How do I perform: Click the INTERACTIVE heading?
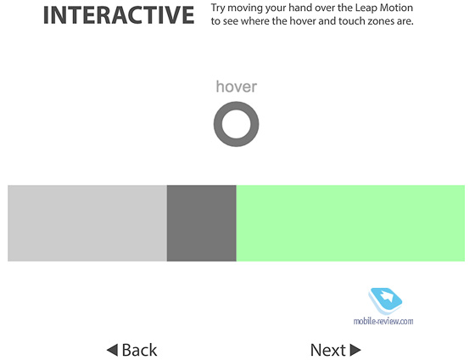119,15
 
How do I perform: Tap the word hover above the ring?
237,87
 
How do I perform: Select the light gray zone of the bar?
87,223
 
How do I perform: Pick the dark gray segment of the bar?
202,223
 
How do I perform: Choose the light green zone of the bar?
350,223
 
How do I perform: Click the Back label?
139,350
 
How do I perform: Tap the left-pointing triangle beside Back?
112,350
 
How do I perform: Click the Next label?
328,350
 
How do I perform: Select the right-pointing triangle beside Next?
355,350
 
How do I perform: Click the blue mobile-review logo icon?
385,301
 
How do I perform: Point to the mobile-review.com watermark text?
383,321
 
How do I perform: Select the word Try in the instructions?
218,8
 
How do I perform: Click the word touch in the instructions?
352,21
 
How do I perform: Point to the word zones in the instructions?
382,22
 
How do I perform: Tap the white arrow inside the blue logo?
386,295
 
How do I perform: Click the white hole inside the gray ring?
237,124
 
